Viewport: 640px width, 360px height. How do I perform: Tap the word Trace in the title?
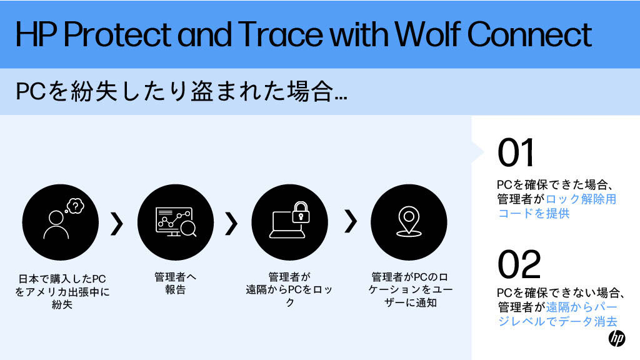pyautogui.click(x=281, y=34)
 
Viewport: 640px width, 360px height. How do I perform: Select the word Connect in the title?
pyautogui.click(x=529, y=34)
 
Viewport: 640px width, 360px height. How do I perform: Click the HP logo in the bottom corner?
pyautogui.click(x=617, y=338)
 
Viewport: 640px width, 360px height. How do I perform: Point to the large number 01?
pyautogui.click(x=516, y=152)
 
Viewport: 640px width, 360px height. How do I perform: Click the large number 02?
pyautogui.click(x=519, y=264)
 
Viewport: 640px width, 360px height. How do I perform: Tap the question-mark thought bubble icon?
pyautogui.click(x=75, y=206)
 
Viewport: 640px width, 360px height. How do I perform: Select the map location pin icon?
pyautogui.click(x=409, y=221)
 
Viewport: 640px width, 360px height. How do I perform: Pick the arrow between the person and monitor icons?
pyautogui.click(x=117, y=224)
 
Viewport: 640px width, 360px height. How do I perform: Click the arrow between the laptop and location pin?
pyautogui.click(x=351, y=222)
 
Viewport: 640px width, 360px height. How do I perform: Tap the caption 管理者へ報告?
pyautogui.click(x=175, y=283)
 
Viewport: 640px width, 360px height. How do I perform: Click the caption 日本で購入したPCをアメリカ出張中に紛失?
pyautogui.click(x=62, y=291)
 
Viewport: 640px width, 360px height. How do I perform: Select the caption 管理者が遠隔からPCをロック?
pyautogui.click(x=289, y=289)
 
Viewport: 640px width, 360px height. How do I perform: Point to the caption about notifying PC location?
pyautogui.click(x=410, y=289)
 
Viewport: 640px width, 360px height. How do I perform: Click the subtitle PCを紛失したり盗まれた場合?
pyautogui.click(x=181, y=91)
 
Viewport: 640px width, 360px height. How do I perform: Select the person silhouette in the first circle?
pyautogui.click(x=56, y=224)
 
